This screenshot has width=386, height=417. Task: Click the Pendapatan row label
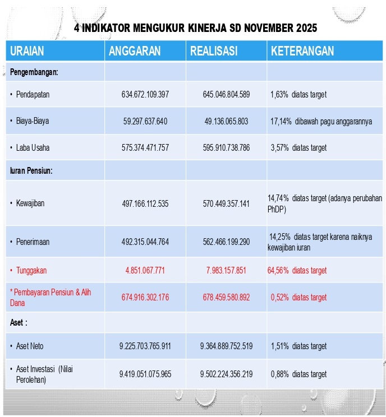pos(33,94)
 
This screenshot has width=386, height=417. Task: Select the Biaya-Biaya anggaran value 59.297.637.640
pos(145,121)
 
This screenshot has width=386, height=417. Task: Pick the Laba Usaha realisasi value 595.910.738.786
pos(226,148)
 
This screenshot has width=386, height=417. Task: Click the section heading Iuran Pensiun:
pos(31,170)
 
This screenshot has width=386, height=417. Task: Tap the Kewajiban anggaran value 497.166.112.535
pos(145,203)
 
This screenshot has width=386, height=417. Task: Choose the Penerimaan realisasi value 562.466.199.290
pos(226,242)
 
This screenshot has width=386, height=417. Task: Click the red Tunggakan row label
pos(31,271)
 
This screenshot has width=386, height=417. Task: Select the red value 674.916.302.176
pos(145,297)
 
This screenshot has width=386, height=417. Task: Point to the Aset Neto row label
pos(30,346)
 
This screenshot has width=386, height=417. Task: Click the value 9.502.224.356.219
pos(226,374)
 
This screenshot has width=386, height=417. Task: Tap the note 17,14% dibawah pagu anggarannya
pos(321,121)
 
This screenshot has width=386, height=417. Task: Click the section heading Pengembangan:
pos(34,72)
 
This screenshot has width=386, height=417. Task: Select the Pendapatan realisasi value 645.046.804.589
pos(226,94)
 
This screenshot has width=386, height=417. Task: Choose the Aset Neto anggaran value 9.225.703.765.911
pos(145,346)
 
